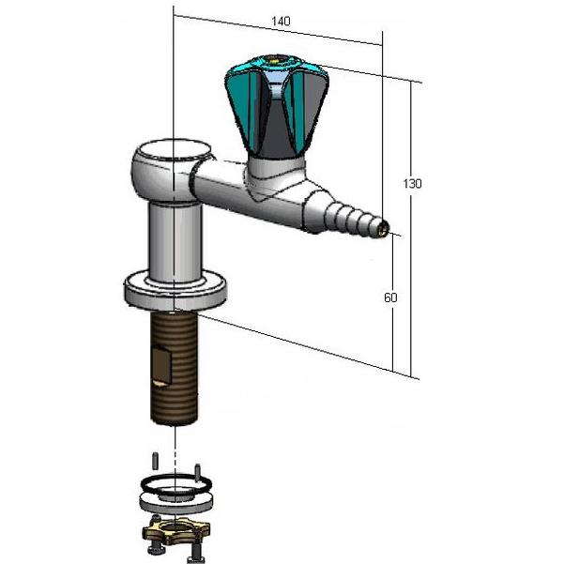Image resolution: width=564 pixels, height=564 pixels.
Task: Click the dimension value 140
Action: coord(280,21)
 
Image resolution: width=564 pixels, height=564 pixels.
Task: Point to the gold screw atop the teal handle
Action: coord(273,63)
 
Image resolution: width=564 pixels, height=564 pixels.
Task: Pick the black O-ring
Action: coord(176,487)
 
